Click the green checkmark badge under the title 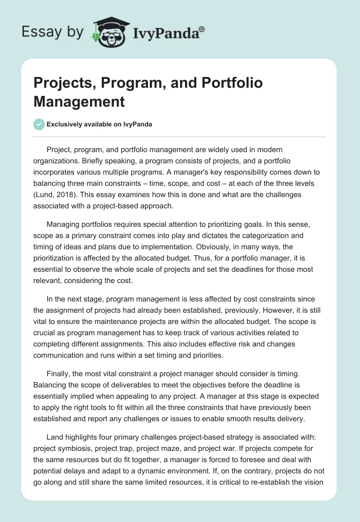tap(39, 124)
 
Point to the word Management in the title tap(79, 101)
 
